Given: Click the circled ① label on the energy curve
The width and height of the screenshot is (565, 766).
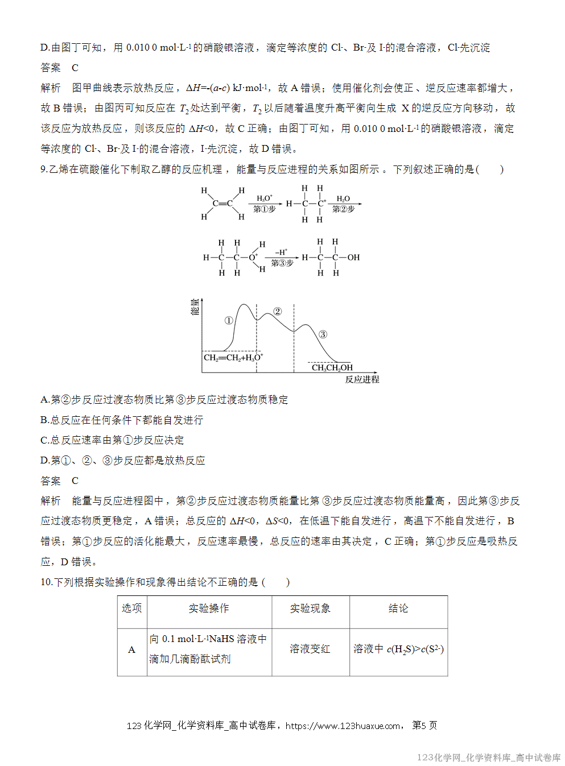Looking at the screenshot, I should pos(229,320).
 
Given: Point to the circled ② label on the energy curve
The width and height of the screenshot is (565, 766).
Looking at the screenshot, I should pos(278,311).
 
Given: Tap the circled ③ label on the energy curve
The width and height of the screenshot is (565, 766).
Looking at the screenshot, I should pos(323,334).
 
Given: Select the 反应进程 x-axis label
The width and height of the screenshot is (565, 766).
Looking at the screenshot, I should pos(362,379).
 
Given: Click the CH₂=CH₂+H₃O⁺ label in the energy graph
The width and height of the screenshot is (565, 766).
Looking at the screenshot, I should pos(233,358).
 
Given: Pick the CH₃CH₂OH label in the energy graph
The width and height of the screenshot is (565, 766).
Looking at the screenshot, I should pos(332,368).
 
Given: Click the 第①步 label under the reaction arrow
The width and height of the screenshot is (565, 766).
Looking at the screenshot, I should pos(264,209).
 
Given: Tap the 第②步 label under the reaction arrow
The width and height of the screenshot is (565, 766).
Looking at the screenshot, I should pos(343,209).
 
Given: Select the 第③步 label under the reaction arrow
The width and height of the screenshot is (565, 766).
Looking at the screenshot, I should pos(282,263).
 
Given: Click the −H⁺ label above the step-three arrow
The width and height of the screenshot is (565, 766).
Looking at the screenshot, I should pos(281,252).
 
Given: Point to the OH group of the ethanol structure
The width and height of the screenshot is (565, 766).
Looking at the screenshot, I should pos(353,258).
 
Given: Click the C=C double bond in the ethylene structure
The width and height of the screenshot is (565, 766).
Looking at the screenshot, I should pos(222,203).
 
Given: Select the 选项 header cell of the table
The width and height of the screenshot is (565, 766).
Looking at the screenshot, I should pos(132,608).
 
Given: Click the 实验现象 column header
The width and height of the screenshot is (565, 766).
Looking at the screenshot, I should pos(310,608).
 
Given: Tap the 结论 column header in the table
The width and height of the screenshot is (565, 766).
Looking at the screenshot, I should pos(398,608).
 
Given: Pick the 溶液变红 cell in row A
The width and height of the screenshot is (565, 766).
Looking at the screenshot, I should pos(310,649).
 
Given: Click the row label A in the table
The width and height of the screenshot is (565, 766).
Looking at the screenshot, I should pos(132,649).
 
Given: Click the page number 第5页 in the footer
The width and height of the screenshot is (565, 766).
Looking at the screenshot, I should pos(424,725).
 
